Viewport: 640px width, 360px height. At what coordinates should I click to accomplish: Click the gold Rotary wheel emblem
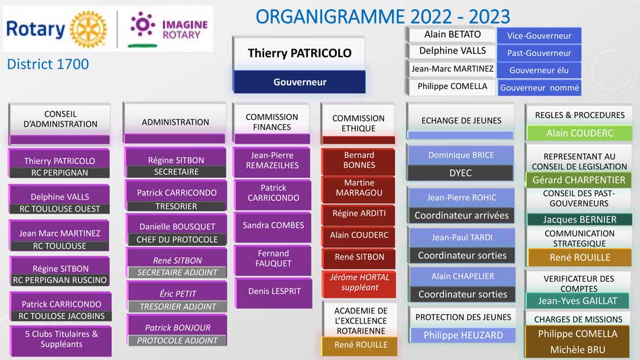click(88, 30)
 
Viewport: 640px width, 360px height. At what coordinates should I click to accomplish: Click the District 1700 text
click(48, 64)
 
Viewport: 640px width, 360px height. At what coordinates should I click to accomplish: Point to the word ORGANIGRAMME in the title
click(330, 17)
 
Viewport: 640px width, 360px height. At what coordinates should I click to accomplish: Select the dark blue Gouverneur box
click(300, 82)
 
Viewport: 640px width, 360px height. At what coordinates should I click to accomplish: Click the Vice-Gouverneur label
click(539, 36)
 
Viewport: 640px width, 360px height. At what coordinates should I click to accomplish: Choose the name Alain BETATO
click(452, 34)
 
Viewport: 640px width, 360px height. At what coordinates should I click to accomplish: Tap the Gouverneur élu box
click(539, 70)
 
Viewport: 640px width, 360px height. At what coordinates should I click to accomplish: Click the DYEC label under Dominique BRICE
click(460, 173)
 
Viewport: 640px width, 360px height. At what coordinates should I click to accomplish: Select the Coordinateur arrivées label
click(461, 215)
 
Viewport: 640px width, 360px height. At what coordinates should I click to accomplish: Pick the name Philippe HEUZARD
click(463, 335)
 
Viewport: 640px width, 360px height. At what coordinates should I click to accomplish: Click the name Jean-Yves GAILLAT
click(577, 301)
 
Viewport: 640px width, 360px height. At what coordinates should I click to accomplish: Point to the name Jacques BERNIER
click(579, 219)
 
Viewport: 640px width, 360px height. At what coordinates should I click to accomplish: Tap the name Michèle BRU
click(577, 350)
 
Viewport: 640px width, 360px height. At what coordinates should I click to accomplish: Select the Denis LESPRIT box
click(274, 293)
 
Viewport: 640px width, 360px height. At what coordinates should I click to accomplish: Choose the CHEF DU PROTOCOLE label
click(177, 239)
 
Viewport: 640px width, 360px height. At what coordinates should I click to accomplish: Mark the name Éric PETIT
click(178, 293)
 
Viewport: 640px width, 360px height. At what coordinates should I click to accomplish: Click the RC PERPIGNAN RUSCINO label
click(59, 280)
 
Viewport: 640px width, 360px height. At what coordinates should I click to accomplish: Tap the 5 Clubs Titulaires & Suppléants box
click(61, 340)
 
